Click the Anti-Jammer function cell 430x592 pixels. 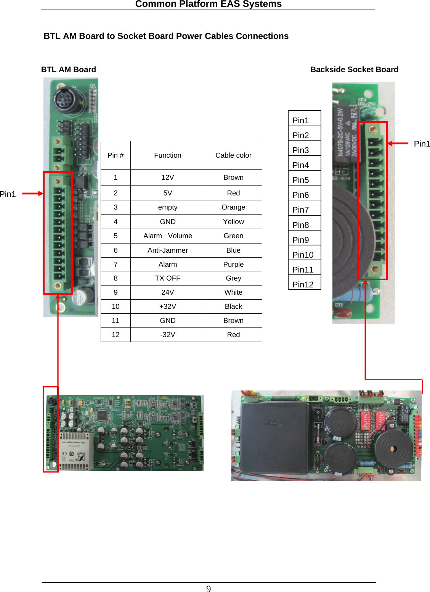pos(168,250)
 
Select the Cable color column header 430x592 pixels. pos(233,155)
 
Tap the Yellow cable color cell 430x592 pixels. pos(233,222)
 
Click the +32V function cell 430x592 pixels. pos(168,306)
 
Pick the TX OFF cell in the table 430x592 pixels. pos(168,278)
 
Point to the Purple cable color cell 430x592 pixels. pos(233,265)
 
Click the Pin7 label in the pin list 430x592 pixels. pos(301,210)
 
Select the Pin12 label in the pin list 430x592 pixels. pos(303,284)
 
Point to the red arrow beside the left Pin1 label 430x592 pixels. pos(32,194)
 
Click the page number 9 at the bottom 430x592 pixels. pos(209,589)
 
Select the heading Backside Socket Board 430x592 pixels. pos(354,69)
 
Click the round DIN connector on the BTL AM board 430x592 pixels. pos(66,100)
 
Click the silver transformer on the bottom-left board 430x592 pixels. pos(75,451)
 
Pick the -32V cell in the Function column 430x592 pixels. pos(168,335)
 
